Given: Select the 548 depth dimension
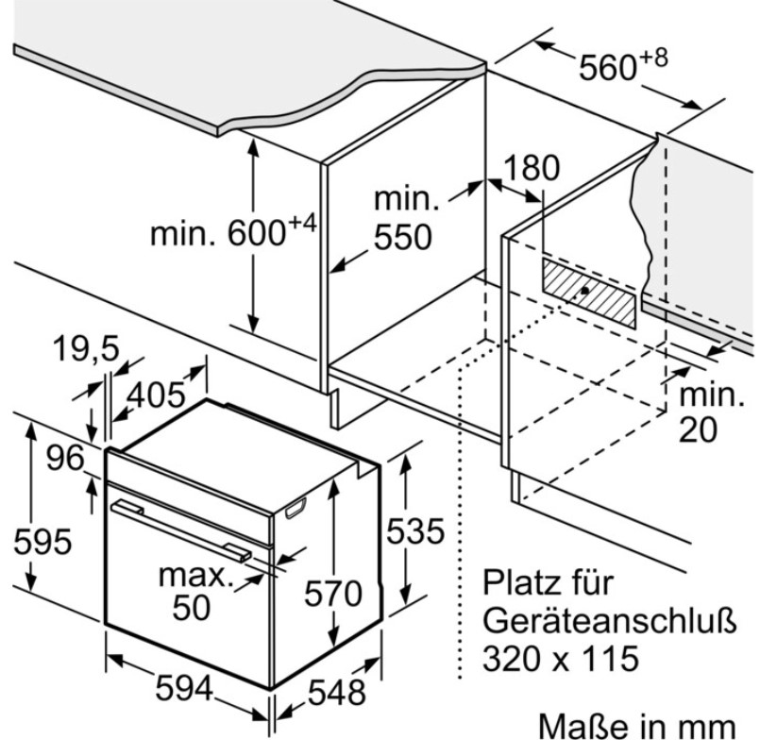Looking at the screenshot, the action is [x=337, y=692].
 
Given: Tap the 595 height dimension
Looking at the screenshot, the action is [x=43, y=542].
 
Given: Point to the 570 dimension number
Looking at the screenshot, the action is [x=333, y=593].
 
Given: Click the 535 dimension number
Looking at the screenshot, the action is [x=415, y=530].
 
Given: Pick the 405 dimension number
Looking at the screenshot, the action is [x=156, y=395].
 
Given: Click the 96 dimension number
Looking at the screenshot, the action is [x=65, y=458].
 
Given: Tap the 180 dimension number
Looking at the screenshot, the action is [x=532, y=168].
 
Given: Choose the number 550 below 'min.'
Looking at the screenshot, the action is [x=403, y=237].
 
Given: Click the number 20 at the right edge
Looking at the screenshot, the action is [x=698, y=429].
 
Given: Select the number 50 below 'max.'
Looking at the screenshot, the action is [x=192, y=608].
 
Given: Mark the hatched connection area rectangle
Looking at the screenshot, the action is [x=589, y=294].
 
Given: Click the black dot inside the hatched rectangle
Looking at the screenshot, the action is [x=585, y=291].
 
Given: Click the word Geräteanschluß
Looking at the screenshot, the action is [x=610, y=620].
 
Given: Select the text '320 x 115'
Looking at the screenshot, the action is [x=561, y=658].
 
